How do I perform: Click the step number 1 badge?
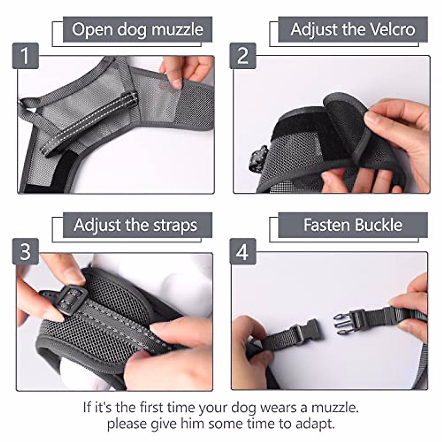pyautogui.click(x=25, y=56)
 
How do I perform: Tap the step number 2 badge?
pyautogui.click(x=243, y=56)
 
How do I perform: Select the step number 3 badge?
pyautogui.click(x=25, y=252)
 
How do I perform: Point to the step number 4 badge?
pyautogui.click(x=243, y=252)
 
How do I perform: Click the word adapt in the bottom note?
pyautogui.click(x=315, y=424)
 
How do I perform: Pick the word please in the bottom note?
pyautogui.click(x=127, y=424)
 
